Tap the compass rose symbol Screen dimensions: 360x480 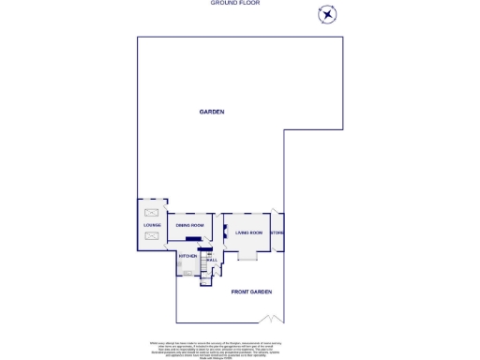click(x=327, y=13)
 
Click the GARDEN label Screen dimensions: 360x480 click(x=212, y=112)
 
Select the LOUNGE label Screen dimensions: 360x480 click(x=152, y=225)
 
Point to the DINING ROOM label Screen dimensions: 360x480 click(x=190, y=225)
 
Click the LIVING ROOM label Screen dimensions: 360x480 click(x=249, y=232)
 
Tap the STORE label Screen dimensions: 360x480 click(x=277, y=232)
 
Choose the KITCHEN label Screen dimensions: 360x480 click(x=187, y=255)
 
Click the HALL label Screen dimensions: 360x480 click(x=212, y=260)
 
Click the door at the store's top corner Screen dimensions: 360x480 click(x=274, y=213)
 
